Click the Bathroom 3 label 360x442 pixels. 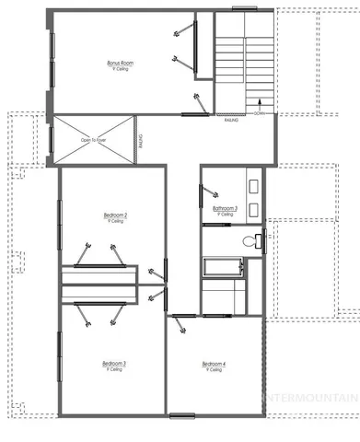pyautogui.click(x=226, y=209)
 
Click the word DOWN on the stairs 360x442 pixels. pyautogui.click(x=261, y=114)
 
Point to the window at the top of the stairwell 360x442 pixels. pyautogui.click(x=244, y=9)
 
